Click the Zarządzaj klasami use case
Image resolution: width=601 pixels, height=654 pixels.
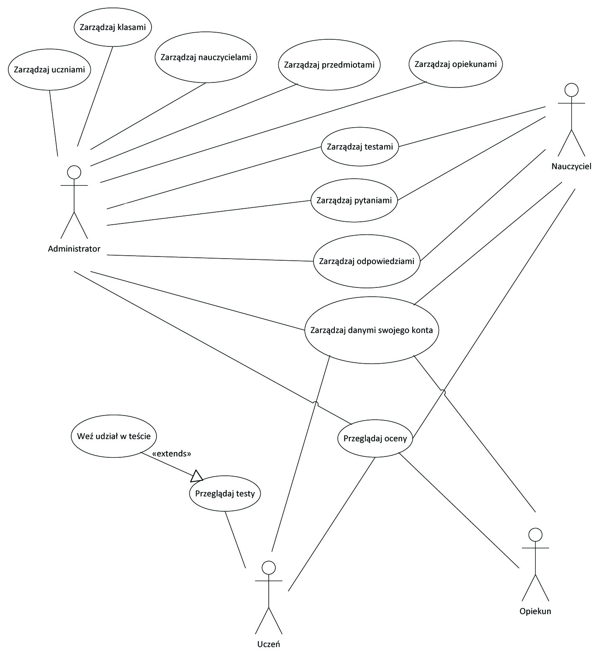(x=113, y=27)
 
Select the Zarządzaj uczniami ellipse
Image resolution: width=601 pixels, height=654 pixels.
(x=49, y=69)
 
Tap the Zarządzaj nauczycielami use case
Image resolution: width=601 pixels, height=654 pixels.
(x=206, y=57)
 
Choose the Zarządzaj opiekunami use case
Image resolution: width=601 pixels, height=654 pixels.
(x=456, y=64)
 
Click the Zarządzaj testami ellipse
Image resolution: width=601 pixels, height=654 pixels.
(x=360, y=146)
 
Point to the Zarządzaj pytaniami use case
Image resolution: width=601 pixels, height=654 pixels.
(x=354, y=200)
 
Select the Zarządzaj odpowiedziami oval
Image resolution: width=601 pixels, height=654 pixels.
(x=367, y=262)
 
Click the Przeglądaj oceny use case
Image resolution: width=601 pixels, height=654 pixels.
(x=375, y=439)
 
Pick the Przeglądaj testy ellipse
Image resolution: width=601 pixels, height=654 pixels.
(x=225, y=493)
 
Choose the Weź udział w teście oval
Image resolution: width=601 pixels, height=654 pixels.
(x=114, y=436)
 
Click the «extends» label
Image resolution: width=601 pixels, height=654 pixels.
(x=172, y=454)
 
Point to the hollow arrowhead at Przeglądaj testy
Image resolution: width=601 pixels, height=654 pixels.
(x=197, y=476)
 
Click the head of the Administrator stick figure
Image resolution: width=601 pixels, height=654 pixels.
(x=74, y=172)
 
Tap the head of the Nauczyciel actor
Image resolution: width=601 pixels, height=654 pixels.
(x=571, y=90)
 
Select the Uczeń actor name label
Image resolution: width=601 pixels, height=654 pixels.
(x=268, y=644)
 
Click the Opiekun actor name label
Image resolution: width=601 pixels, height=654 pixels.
(x=535, y=611)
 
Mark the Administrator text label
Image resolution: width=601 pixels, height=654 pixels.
(x=74, y=249)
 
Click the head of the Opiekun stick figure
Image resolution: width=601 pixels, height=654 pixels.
(x=535, y=534)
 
